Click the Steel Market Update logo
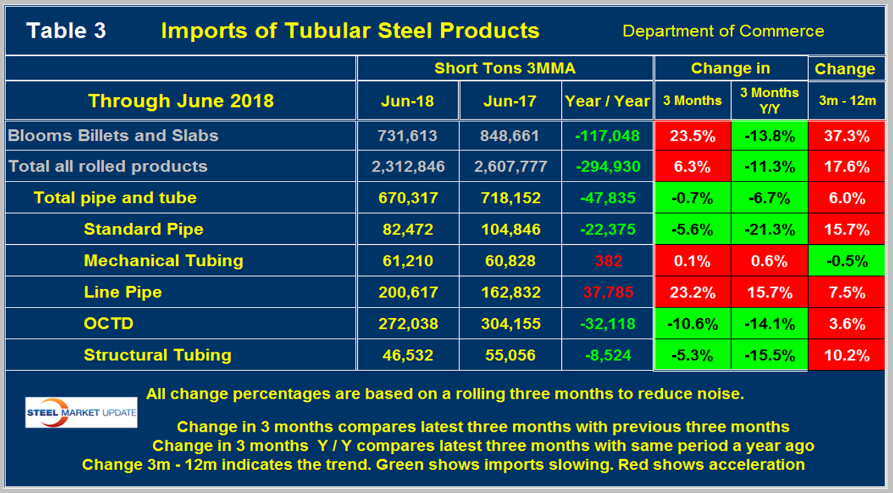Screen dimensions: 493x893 (81, 412)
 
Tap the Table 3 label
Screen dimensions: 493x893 (66, 31)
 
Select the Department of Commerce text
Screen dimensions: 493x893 (723, 31)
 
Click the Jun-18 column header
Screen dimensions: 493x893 (407, 101)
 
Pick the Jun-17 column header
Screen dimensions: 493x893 (509, 101)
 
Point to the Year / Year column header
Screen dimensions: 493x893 (607, 101)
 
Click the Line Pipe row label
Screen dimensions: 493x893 (123, 292)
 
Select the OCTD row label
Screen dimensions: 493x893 (108, 323)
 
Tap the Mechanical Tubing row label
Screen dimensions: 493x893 (163, 261)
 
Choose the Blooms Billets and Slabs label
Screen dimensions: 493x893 (113, 135)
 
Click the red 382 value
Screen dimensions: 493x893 (608, 261)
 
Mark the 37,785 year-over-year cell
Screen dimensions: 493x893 (607, 292)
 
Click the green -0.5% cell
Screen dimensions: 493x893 (846, 261)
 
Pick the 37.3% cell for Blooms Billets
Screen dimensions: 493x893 (846, 136)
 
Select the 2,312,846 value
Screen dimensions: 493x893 (407, 167)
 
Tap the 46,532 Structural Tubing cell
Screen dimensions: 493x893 (407, 355)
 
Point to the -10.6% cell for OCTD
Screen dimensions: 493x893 (692, 324)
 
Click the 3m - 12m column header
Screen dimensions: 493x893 (847, 101)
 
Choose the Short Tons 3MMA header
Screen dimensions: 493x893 (504, 68)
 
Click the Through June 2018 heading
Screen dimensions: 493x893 (181, 101)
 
